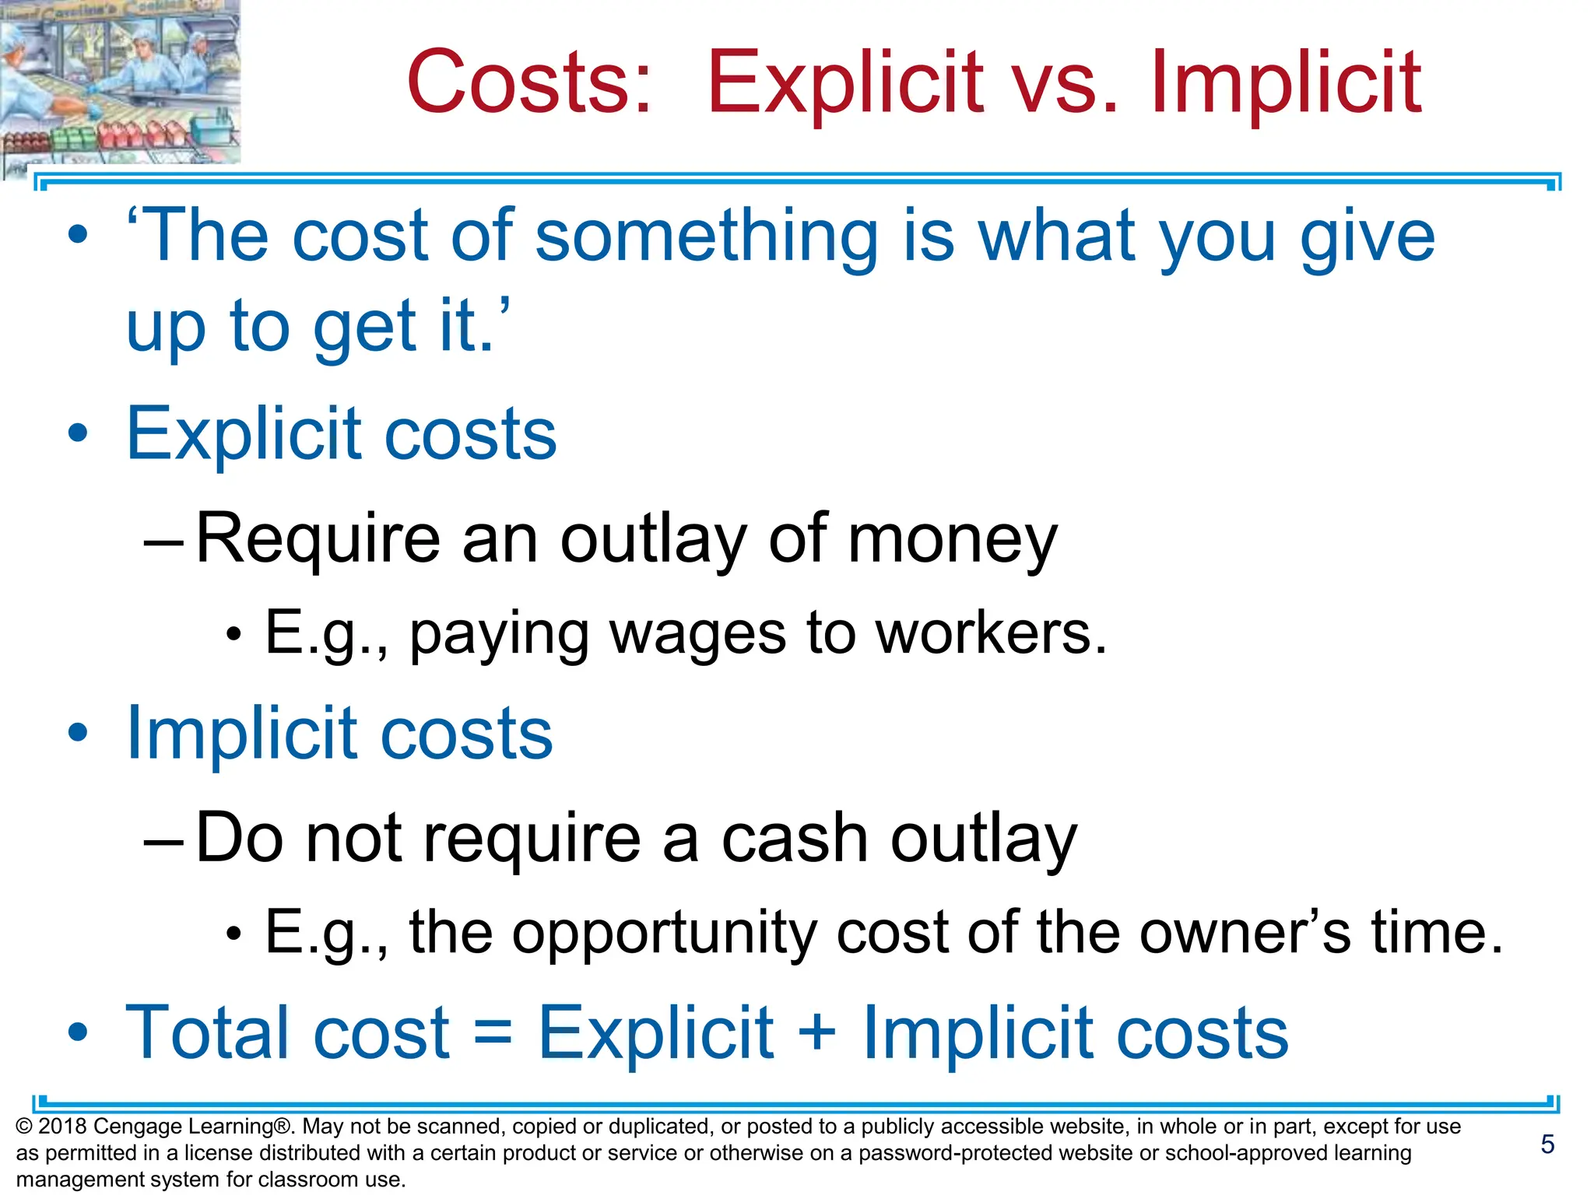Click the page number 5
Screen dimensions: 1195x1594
pos(1547,1144)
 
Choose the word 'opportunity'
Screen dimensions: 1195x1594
pos(663,932)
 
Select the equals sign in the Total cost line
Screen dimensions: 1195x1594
pos(493,1033)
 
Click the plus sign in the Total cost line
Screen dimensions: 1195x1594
pos(817,1033)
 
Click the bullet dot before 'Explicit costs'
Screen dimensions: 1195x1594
pos(78,433)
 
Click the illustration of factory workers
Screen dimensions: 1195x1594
pos(120,82)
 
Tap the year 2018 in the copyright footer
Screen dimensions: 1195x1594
pos(62,1127)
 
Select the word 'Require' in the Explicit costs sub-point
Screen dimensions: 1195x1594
pos(318,538)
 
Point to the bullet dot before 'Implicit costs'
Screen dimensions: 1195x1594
pos(78,733)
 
